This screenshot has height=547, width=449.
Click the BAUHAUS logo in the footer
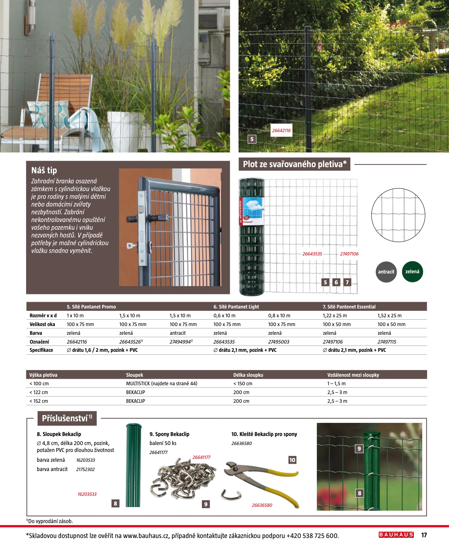point(396,535)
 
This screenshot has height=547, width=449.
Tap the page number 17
point(424,535)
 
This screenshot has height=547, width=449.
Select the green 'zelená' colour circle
point(412,271)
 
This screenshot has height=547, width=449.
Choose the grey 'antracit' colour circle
point(386,272)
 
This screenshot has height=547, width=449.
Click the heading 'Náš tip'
point(44,170)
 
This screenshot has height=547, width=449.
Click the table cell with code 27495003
point(278,342)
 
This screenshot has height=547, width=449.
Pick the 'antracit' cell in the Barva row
point(177,333)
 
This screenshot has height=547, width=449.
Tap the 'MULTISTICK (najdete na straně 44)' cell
point(162,383)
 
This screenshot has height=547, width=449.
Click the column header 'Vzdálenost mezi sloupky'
point(353,375)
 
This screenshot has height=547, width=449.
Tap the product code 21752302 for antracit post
point(85,469)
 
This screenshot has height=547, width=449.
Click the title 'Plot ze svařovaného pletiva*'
point(294,164)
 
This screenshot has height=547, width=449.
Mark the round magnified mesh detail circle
point(398,215)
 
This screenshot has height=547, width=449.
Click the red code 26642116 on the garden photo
point(281,131)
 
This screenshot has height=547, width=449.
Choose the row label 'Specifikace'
point(41,350)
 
